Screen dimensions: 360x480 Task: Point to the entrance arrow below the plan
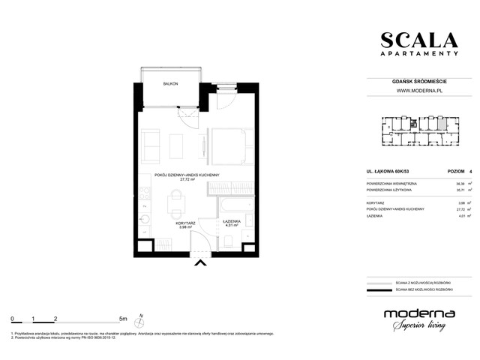[199, 261]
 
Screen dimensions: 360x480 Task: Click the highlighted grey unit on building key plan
[442, 123]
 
